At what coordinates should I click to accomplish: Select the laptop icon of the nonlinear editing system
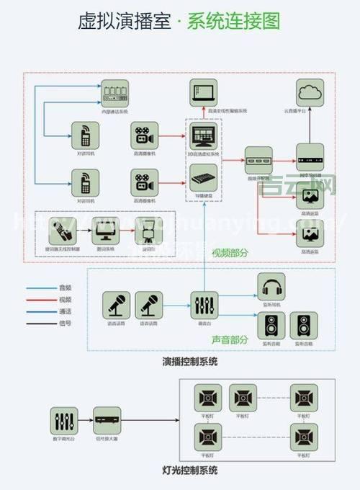pos(204,94)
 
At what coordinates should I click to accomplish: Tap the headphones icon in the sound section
pos(271,288)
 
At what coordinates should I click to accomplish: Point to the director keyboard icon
pos(204,177)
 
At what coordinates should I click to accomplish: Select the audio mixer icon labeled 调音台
pos(204,305)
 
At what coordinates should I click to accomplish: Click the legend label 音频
pos(66,288)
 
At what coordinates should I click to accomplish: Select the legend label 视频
pos(66,299)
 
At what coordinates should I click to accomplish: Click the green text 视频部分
pos(231,252)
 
